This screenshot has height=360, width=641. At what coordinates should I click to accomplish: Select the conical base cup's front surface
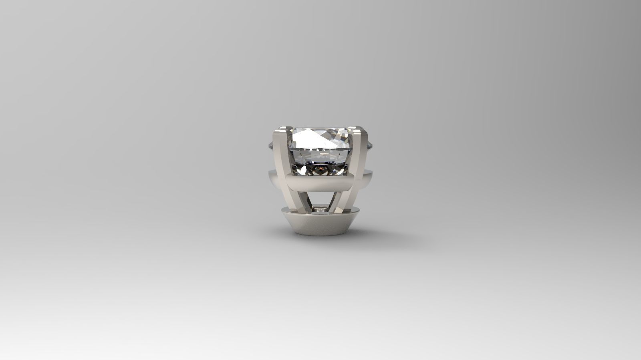click(320, 224)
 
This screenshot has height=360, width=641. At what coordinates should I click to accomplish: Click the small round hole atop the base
click(320, 210)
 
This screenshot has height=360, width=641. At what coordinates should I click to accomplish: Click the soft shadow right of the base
click(385, 236)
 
